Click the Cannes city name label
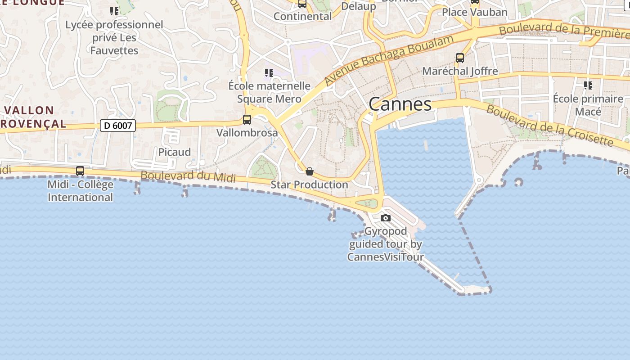point(400,104)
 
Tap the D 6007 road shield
point(117,126)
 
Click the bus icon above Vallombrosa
point(247,120)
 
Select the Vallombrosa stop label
point(247,133)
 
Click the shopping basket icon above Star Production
point(309,171)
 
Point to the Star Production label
point(309,184)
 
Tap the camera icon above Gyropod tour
point(386,218)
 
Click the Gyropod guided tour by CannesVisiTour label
point(386,244)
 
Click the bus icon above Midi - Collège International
point(80,171)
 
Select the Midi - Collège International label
point(80,191)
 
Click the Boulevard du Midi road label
point(188,176)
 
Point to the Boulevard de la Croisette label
point(549,126)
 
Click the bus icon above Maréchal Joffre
point(460,58)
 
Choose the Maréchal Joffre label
point(460,71)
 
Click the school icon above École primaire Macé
point(588,85)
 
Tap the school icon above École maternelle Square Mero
point(269,73)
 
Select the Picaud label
point(175,152)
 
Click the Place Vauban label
point(474,12)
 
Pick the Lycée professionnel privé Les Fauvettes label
point(114,37)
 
